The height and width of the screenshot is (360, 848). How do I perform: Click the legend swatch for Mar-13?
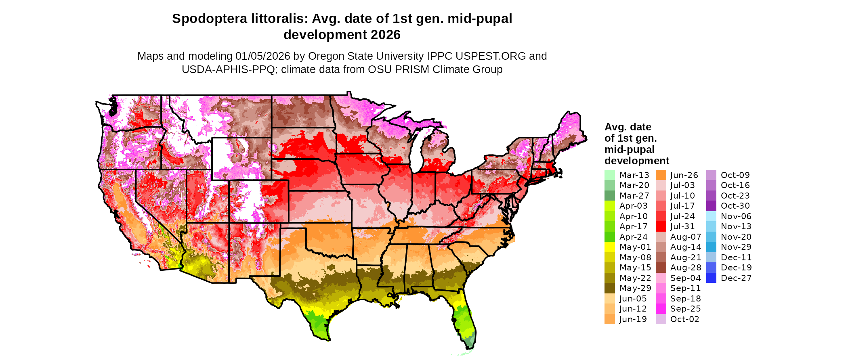coord(610,175)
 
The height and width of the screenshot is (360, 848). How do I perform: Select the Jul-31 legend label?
coord(682,226)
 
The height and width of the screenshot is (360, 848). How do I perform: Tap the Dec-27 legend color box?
coord(711,278)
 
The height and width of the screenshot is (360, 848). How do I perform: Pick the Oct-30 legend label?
coord(735,206)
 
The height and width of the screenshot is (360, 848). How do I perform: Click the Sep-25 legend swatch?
coord(661,309)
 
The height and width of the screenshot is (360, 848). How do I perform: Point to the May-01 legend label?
coord(635,247)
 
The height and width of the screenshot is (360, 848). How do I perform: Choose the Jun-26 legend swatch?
coord(661,175)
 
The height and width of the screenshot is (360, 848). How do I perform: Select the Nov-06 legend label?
coord(736,216)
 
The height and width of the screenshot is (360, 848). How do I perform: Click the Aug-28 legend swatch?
coord(661,268)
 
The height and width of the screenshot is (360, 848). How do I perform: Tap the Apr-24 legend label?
coord(633,237)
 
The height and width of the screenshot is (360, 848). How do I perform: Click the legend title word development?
coord(636,161)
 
